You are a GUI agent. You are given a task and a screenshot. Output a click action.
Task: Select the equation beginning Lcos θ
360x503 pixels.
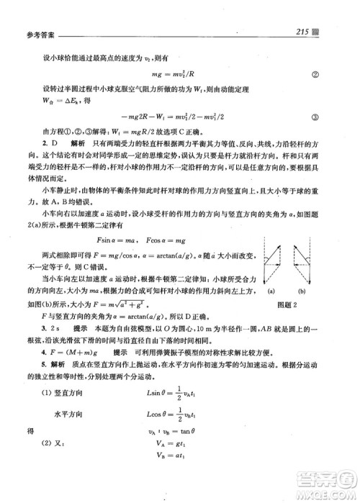point(177,435)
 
